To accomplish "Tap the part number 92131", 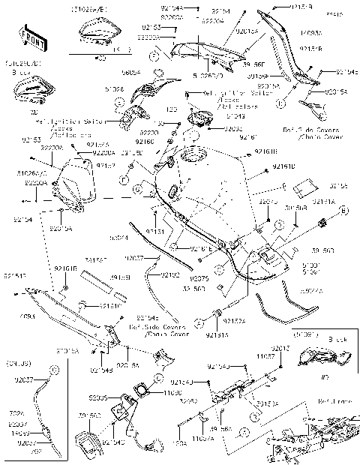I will tap(155, 222).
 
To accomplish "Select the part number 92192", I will tap(170, 274).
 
